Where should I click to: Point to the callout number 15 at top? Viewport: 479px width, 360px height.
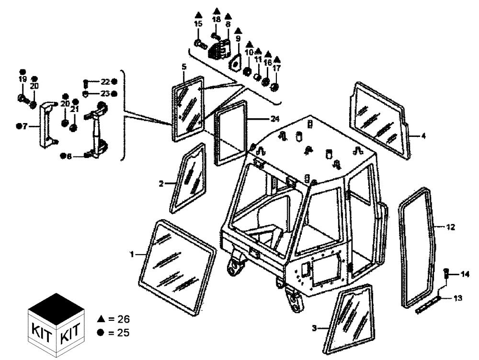(198, 23)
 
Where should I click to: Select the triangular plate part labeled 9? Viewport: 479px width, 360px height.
(236, 63)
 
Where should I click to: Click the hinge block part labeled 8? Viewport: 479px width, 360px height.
(221, 48)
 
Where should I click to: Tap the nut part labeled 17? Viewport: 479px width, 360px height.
(275, 87)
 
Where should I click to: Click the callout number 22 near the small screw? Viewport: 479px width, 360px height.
(105, 82)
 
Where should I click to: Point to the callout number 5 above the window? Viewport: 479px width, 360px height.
(183, 66)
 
